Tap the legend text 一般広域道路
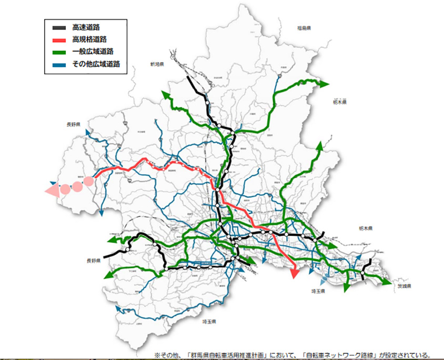[92, 51]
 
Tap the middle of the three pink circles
[77, 186]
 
